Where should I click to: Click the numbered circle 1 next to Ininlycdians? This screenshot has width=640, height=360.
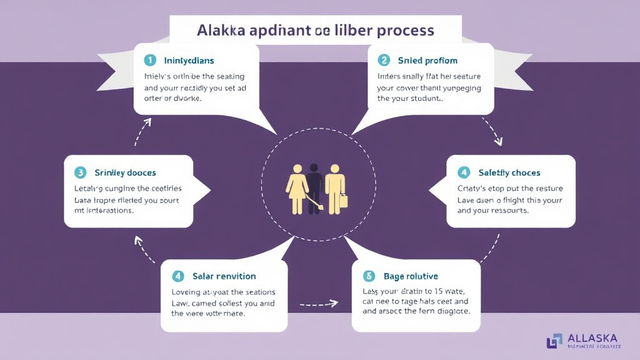coord(150,61)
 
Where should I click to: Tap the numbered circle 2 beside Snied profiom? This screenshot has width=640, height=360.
coord(384,61)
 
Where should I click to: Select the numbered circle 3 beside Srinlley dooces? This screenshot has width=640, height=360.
coord(80,172)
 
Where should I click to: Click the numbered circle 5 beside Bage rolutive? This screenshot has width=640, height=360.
coord(368,276)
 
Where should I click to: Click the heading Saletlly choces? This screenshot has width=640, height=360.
coord(509,172)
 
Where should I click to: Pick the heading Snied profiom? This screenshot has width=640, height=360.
coord(427,61)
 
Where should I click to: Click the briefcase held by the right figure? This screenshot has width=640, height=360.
coord(343,202)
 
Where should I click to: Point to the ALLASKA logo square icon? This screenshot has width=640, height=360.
coord(554,341)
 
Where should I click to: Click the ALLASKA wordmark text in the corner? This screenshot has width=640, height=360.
coord(592,338)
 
